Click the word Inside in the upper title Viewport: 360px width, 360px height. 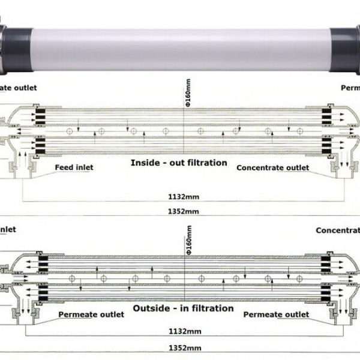pyautogui.click(x=144, y=163)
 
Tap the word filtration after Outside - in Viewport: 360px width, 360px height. pyautogui.click(x=211, y=308)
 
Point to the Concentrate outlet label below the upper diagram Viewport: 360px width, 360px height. pyautogui.click(x=273, y=168)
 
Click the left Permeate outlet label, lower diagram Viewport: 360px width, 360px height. pyautogui.click(x=91, y=314)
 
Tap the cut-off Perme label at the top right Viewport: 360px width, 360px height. pyautogui.click(x=350, y=88)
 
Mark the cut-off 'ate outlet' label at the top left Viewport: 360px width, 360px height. pyautogui.click(x=18, y=88)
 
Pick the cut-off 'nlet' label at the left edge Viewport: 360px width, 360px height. pyautogui.click(x=8, y=229)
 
